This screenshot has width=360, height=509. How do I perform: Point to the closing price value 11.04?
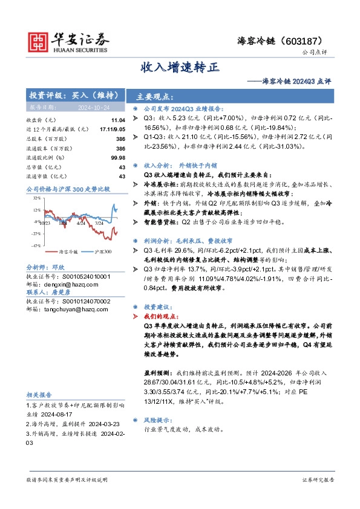click(x=118, y=120)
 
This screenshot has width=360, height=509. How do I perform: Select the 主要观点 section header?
click(x=155, y=97)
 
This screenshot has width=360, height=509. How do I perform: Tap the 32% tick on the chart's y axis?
click(x=38, y=198)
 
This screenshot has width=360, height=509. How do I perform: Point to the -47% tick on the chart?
click(x=37, y=245)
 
